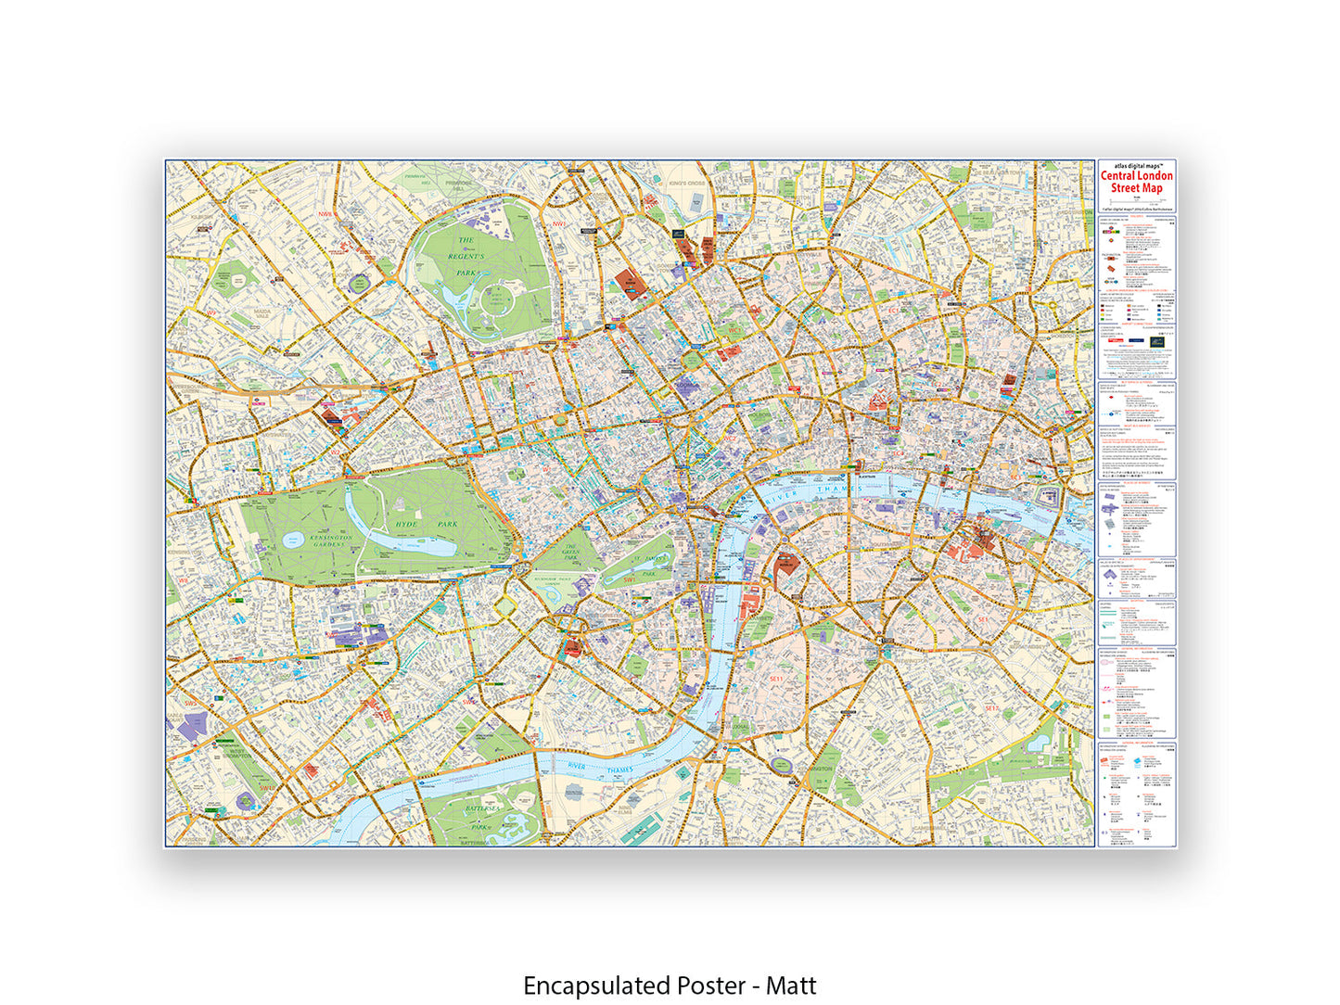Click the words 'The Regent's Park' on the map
coord(466,256)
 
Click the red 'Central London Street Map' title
coord(1137,182)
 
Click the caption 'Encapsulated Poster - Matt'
coord(670,986)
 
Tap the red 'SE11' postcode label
coord(776,679)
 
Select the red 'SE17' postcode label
coord(991,708)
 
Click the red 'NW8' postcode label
coord(325,214)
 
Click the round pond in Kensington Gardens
coord(293,539)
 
